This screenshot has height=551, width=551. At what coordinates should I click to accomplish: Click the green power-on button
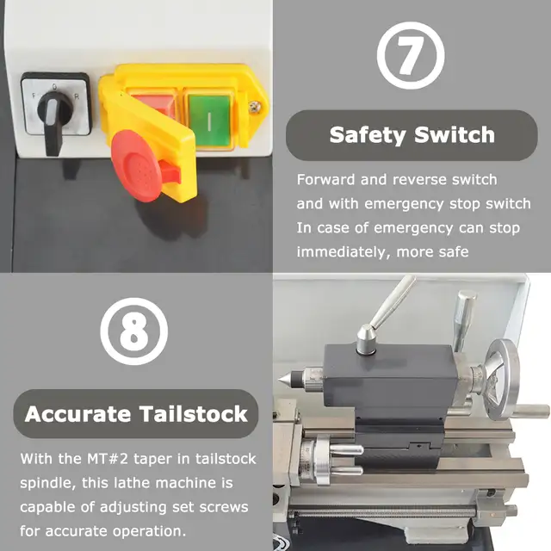point(208,121)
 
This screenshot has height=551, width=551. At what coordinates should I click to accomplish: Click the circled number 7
point(411,55)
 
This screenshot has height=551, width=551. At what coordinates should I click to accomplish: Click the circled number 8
point(134,331)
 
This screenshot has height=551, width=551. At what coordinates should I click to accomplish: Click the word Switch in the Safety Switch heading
point(455,134)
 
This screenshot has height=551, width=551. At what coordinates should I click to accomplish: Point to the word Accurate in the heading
point(77,414)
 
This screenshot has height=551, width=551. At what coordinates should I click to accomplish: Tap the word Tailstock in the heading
point(194,413)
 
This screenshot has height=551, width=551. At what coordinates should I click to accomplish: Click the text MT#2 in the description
point(108,459)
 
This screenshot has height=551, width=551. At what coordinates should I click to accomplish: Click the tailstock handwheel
point(500,381)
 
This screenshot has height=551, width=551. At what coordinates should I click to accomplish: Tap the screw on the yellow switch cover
point(255,107)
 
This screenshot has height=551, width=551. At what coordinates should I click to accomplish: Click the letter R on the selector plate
point(77,96)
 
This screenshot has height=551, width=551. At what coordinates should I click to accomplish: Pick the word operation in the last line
point(149,531)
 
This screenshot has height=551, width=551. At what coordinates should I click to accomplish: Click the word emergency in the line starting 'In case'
point(413,229)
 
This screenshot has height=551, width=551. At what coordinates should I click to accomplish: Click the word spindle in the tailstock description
point(47,484)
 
